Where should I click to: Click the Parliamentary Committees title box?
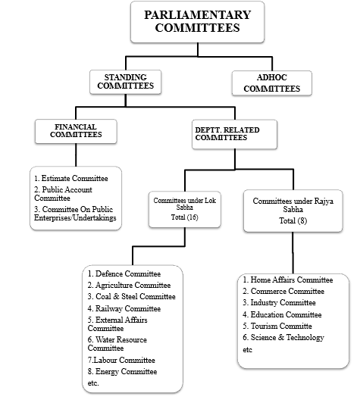click(197, 22)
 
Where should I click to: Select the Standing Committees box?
click(126, 82)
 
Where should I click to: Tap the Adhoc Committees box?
click(272, 83)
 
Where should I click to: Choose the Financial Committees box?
click(76, 131)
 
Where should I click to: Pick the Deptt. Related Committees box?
click(234, 134)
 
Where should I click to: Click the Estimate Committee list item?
click(71, 178)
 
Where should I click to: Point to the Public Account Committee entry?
click(63, 194)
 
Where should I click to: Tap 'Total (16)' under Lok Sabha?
click(185, 217)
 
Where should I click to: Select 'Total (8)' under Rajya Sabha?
click(293, 220)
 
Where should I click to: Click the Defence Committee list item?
click(124, 273)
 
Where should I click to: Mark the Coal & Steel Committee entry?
click(131, 297)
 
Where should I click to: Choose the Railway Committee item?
click(124, 308)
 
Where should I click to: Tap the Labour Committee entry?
click(121, 360)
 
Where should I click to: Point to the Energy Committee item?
click(122, 372)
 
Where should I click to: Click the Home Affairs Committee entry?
click(288, 280)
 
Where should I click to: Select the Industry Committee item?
click(279, 302)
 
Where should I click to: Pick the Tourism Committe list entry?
click(277, 326)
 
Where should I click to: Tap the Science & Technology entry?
click(283, 337)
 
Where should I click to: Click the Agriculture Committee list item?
click(129, 286)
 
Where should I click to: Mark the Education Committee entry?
click(282, 314)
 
